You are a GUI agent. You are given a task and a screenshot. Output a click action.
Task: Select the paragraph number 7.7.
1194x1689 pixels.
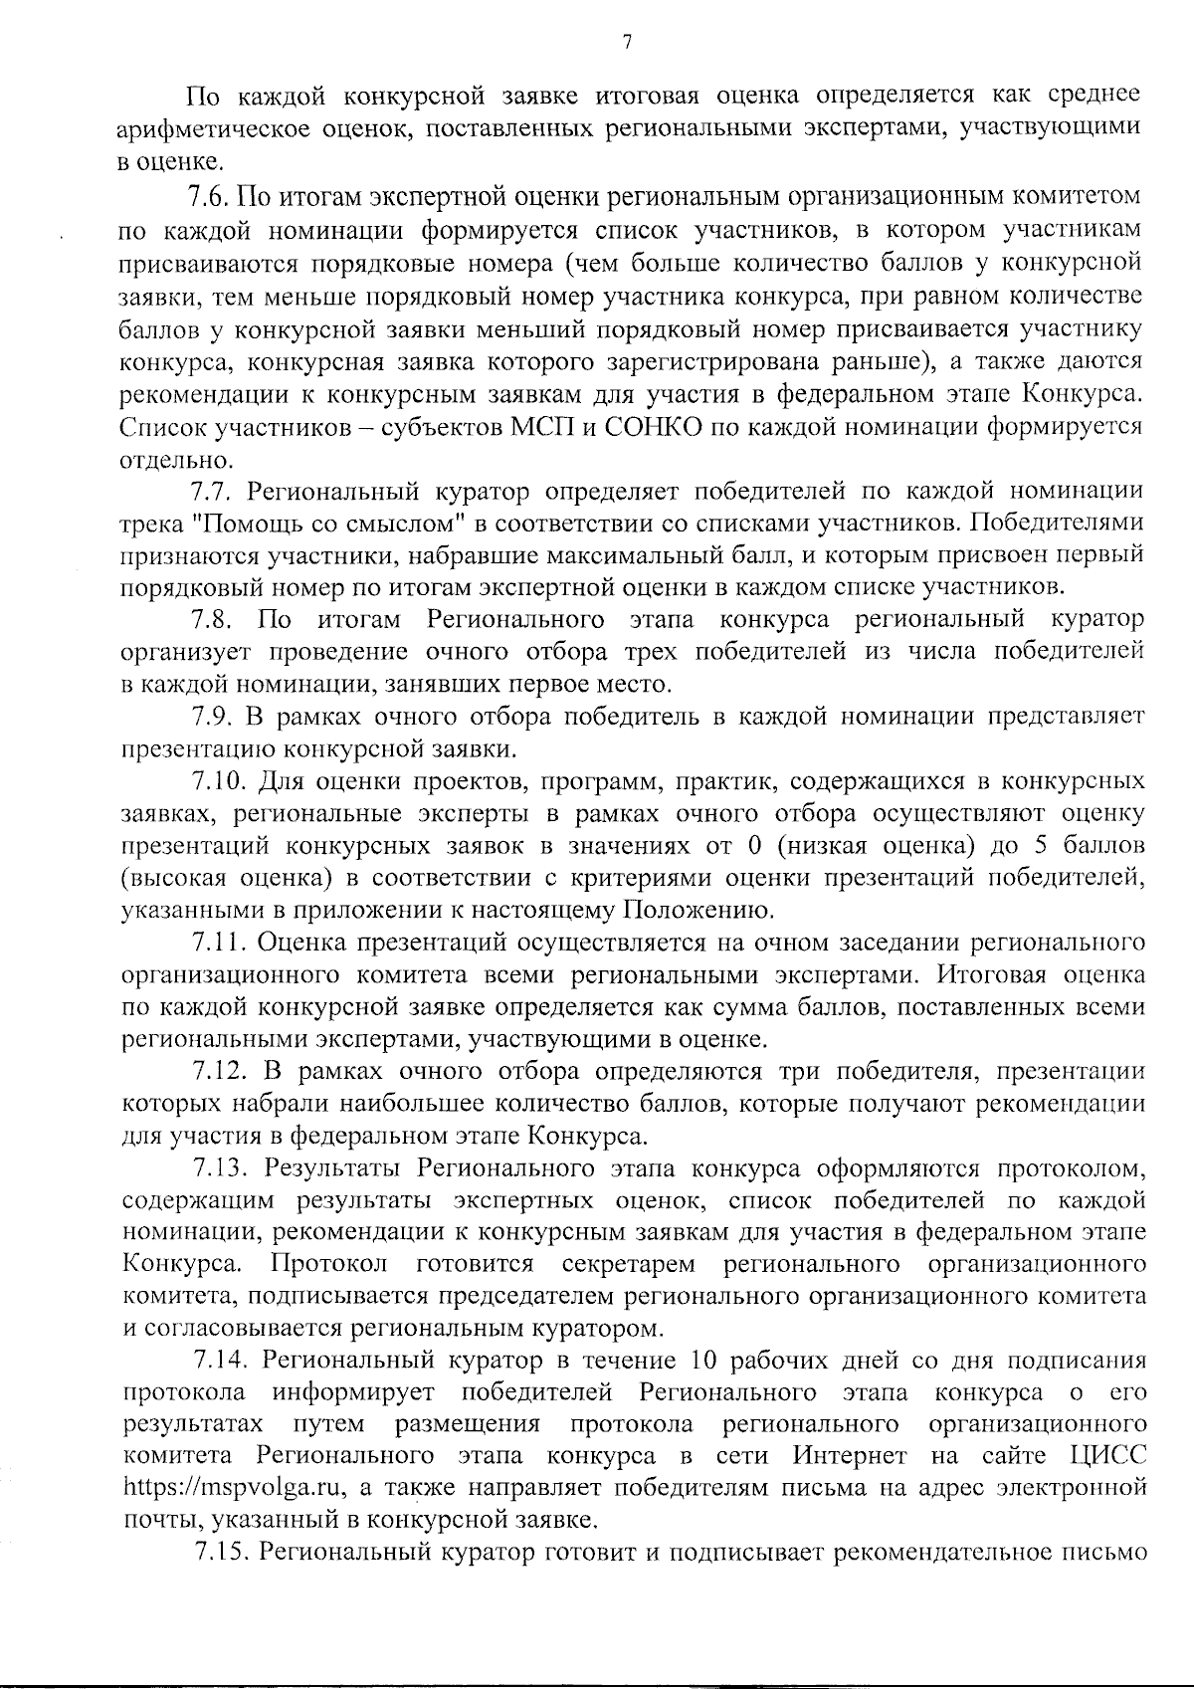[209, 490]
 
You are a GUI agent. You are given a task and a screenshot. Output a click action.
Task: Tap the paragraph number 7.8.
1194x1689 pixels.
[210, 620]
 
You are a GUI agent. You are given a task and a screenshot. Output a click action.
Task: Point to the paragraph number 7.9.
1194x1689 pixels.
[210, 716]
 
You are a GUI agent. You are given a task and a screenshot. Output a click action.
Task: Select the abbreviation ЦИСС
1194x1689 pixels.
[1106, 1456]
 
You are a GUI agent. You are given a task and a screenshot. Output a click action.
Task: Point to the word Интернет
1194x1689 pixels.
[850, 1456]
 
